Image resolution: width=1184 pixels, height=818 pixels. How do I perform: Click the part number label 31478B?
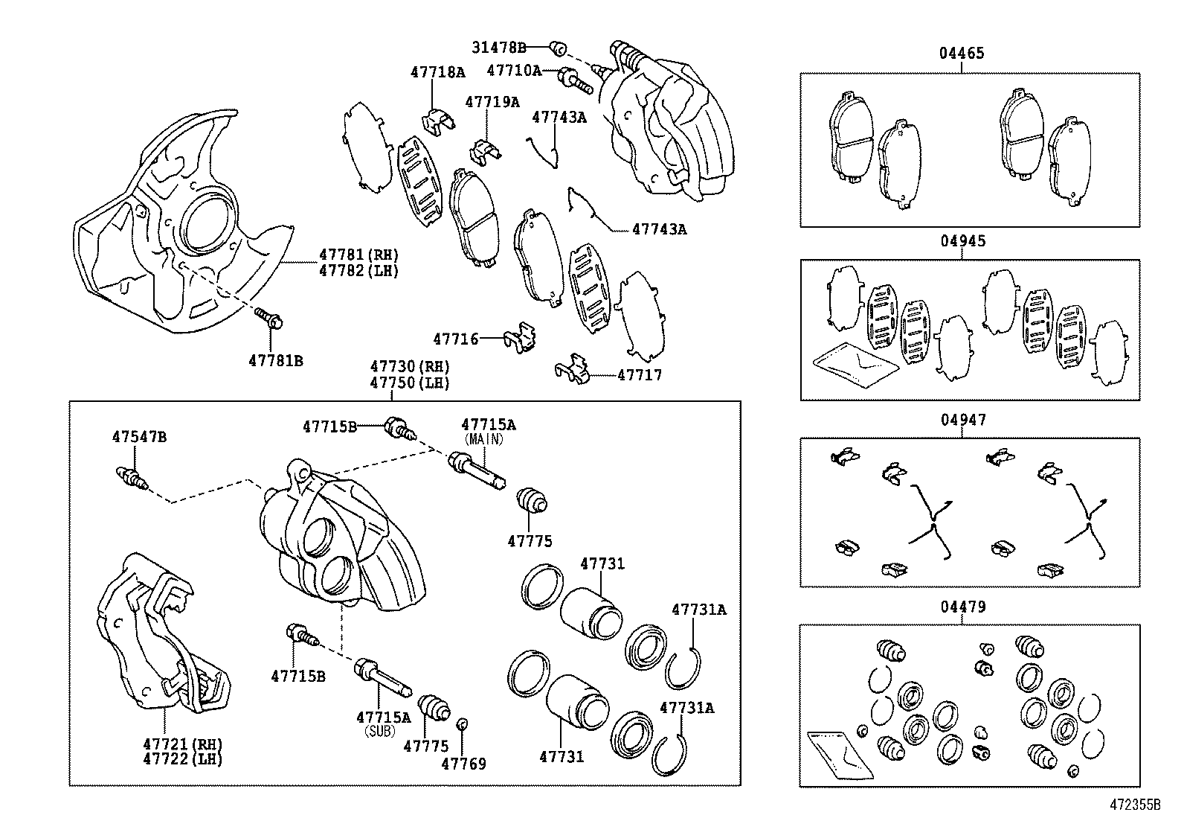coord(498,48)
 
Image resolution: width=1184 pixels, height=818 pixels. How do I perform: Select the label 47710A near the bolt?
coord(514,71)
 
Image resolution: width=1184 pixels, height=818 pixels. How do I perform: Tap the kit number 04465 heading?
coord(961,53)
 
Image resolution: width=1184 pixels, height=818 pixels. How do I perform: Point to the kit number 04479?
coord(962,607)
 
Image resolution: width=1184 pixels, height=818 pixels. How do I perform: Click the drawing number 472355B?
coord(1135,805)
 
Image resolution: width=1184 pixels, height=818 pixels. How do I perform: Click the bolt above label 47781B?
coord(268,319)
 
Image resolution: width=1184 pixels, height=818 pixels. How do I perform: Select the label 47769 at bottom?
coord(463,764)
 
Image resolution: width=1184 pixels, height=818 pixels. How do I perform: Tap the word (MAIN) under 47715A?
coord(483,439)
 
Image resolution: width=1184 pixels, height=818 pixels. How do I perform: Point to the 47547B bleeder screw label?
coord(139,437)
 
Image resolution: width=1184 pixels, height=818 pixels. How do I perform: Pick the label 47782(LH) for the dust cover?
coord(359,271)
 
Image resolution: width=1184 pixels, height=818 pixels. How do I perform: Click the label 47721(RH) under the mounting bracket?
coord(183,744)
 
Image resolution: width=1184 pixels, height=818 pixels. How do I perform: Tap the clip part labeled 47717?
coord(573,369)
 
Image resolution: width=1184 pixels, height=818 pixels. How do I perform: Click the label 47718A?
coord(437,72)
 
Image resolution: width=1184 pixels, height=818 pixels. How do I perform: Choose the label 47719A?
coord(492,102)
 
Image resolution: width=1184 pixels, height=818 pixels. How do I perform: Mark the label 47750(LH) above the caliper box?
coord(411,383)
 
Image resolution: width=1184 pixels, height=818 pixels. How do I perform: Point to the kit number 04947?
coord(962,420)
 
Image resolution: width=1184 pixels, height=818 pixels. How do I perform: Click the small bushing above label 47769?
coord(462,723)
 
